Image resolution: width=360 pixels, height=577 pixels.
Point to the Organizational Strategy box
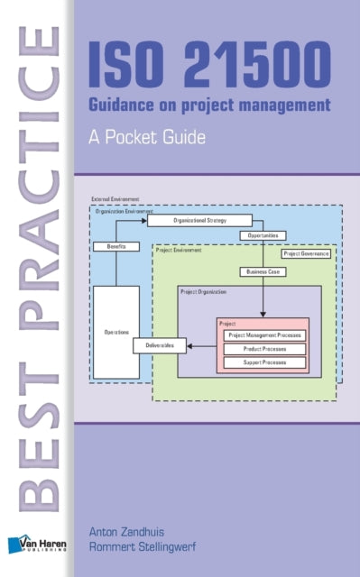point(198,219)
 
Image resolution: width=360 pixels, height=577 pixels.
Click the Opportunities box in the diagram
point(263,235)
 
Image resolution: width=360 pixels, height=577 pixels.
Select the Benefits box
point(115,246)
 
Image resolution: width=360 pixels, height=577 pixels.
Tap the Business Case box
point(263,270)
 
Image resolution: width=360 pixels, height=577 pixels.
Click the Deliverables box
point(160,345)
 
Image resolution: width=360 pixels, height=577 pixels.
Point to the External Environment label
point(111,198)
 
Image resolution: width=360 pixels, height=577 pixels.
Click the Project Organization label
point(203,292)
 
